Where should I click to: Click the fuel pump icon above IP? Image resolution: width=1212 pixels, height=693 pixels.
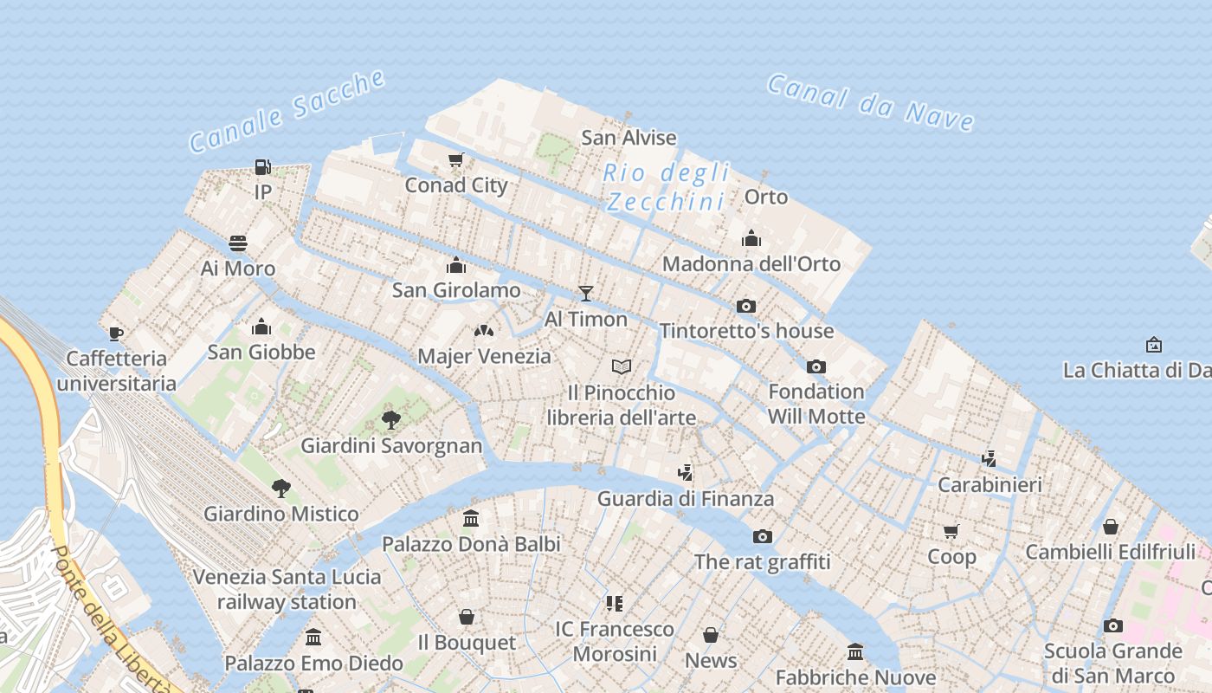[263, 166]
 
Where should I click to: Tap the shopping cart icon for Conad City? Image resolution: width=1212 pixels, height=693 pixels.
[456, 159]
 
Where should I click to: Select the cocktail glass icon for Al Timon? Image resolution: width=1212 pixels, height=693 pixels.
[586, 294]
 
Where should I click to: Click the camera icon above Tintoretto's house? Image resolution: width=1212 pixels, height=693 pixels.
[746, 306]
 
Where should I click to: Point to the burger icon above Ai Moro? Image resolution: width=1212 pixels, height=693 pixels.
[238, 243]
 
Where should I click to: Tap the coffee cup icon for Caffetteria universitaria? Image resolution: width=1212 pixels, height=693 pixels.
[116, 334]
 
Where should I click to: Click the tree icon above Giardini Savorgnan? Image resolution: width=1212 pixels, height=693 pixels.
[391, 421]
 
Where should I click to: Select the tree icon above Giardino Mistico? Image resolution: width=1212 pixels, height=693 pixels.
[280, 489]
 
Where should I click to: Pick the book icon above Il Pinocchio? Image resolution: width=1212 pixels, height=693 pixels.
[621, 367]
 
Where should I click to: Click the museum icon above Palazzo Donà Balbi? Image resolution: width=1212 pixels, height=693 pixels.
[471, 519]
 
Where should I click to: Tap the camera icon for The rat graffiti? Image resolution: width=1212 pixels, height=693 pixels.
[762, 536]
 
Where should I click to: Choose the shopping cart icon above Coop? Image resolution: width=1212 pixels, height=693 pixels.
[951, 531]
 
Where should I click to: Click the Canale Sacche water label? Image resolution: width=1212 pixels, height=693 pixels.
[287, 111]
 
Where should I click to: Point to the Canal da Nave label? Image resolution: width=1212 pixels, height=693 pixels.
[870, 102]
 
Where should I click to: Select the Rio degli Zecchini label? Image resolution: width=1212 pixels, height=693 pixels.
[666, 187]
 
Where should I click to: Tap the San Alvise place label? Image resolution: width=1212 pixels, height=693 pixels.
[629, 137]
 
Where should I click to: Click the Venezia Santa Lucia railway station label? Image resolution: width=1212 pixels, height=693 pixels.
[287, 589]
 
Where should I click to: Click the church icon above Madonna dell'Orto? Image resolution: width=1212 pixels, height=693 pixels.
[751, 238]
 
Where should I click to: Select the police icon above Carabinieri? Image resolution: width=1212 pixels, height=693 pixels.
[990, 458]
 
